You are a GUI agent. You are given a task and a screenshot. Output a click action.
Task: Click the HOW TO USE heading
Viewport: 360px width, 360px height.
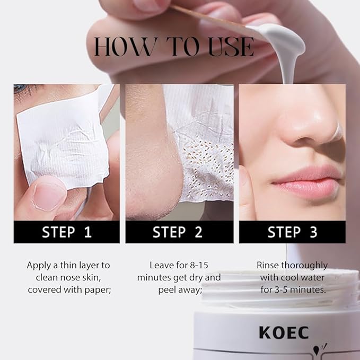click(x=173, y=47)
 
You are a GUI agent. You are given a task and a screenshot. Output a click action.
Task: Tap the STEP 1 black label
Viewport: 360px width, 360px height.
click(x=66, y=232)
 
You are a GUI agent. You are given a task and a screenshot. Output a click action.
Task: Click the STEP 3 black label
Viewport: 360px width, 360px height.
click(x=292, y=232)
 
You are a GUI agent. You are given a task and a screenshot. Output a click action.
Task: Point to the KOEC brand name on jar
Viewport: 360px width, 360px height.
click(x=284, y=332)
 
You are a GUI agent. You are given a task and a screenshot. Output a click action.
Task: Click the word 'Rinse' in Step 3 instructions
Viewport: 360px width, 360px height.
click(x=269, y=265)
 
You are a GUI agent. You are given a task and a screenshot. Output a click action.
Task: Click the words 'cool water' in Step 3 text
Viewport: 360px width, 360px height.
click(x=302, y=277)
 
